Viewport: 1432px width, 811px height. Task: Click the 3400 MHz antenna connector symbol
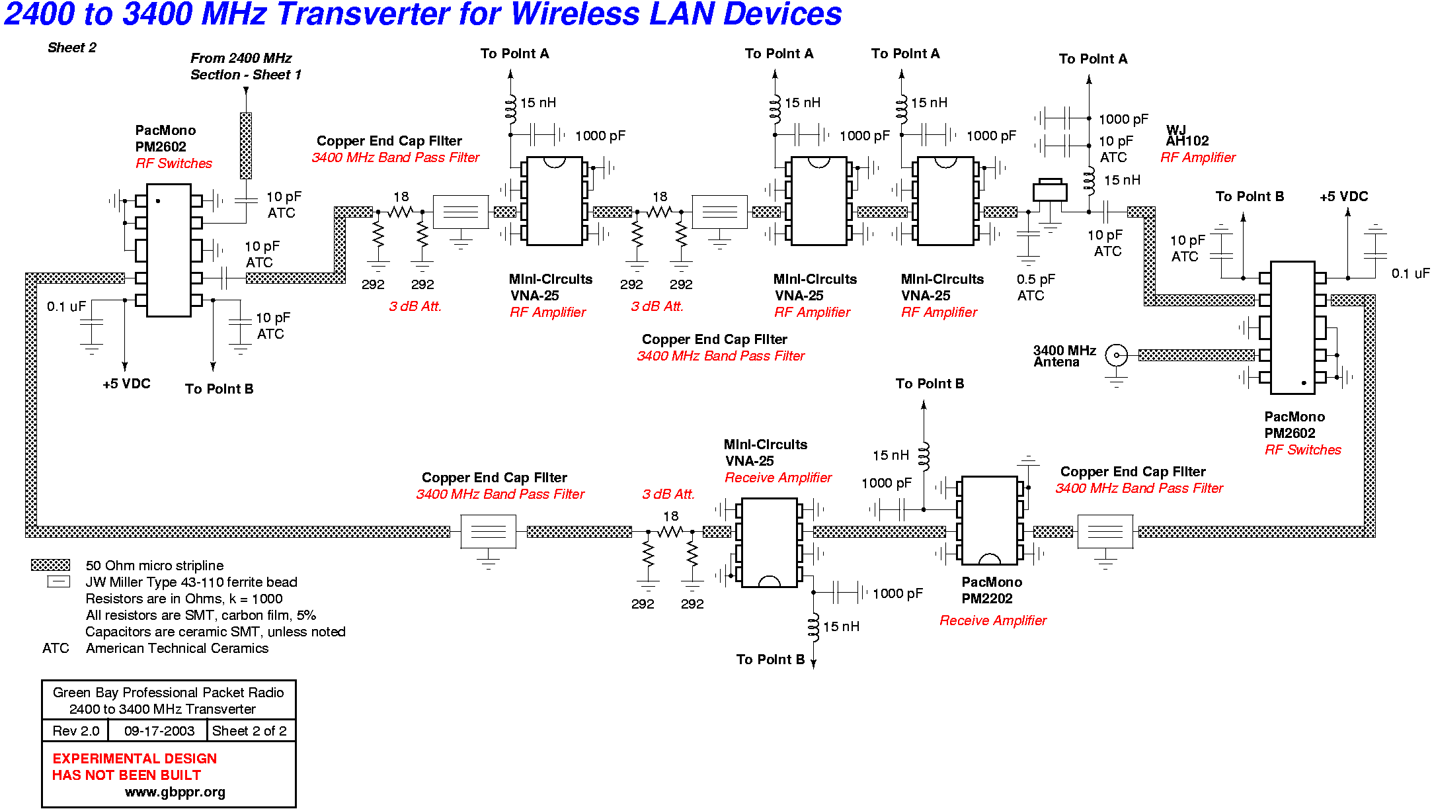1117,355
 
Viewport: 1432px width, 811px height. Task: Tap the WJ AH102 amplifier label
1187,136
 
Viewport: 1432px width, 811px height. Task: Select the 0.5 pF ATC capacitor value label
1036,287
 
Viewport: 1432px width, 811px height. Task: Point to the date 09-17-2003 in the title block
159,731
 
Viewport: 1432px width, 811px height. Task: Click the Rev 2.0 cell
76,731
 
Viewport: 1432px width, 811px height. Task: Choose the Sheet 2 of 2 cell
250,731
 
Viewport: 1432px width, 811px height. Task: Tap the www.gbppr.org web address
175,792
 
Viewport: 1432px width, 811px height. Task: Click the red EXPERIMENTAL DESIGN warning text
135,759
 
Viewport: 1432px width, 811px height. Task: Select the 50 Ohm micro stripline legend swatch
50,565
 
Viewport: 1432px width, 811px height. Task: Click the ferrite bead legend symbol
58,581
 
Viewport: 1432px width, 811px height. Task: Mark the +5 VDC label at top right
1344,196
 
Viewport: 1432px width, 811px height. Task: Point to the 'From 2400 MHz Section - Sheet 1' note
245,66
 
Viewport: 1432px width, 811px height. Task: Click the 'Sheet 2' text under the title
72,48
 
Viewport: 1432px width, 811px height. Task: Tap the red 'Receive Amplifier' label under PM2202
993,620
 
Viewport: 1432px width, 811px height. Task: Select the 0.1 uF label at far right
1410,273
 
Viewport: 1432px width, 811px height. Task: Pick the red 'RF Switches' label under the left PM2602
174,163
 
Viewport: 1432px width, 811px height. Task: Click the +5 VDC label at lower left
126,384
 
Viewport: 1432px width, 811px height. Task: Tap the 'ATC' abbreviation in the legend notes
56,648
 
